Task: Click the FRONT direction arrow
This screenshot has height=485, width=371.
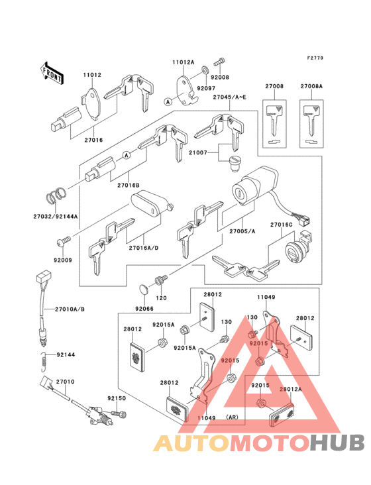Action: (x=52, y=72)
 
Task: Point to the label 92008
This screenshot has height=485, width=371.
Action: (x=221, y=77)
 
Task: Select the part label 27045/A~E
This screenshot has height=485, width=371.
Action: (x=229, y=97)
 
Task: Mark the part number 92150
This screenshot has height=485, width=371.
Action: (x=117, y=399)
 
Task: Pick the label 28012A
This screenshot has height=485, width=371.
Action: (x=291, y=390)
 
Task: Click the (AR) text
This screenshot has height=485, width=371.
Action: (x=232, y=417)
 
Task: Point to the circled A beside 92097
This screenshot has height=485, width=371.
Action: (x=168, y=102)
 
